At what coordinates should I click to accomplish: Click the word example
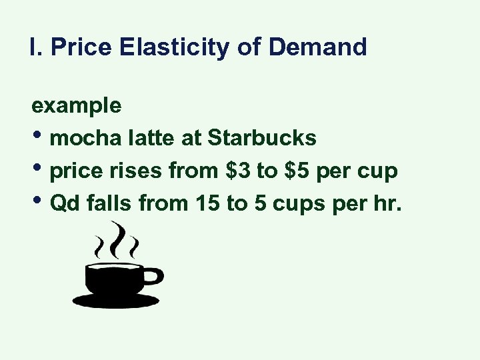(x=76, y=105)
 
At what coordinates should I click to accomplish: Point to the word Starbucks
(x=262, y=138)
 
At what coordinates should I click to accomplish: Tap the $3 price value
(x=239, y=171)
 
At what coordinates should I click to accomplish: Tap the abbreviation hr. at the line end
(x=389, y=203)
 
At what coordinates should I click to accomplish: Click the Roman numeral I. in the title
(x=34, y=47)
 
